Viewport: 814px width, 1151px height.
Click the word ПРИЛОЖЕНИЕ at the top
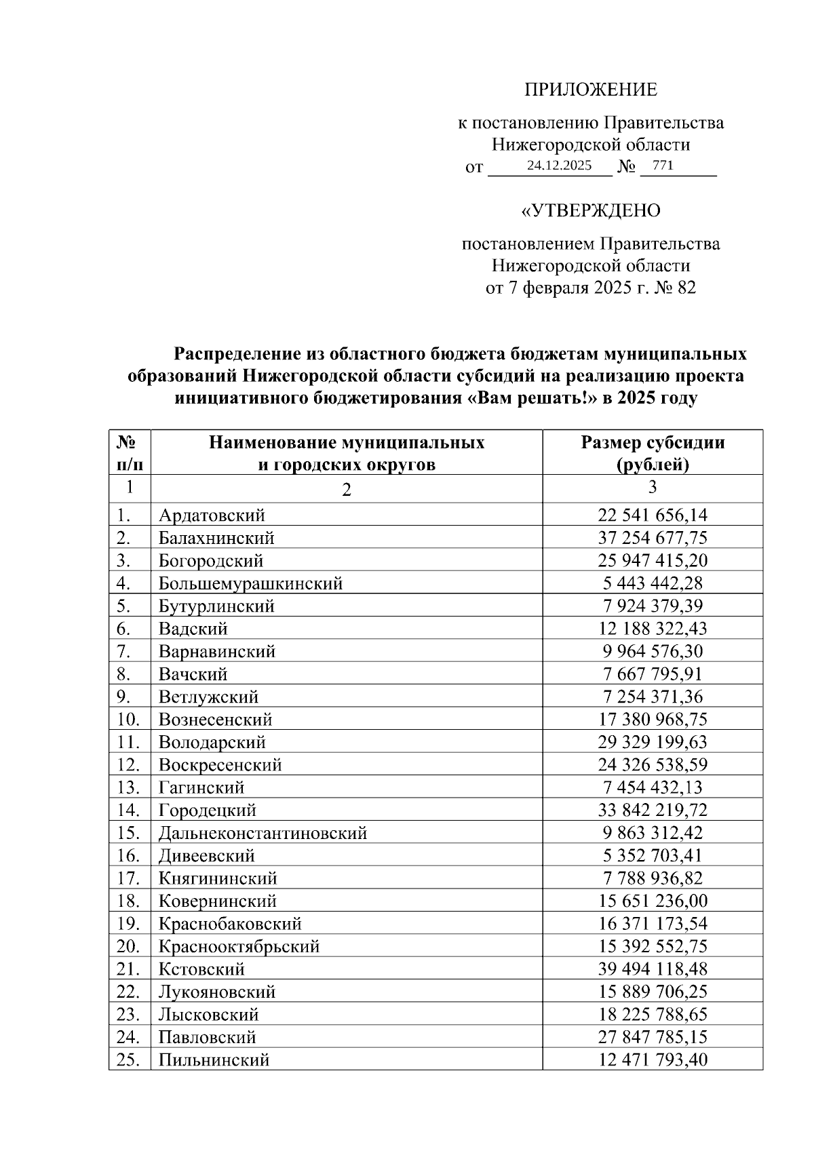pos(590,90)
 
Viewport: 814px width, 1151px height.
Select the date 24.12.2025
pos(560,165)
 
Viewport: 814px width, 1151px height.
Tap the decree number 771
pos(662,165)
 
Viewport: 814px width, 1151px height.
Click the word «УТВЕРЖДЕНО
pos(590,211)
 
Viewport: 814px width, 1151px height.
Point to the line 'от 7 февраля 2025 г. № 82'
pos(590,288)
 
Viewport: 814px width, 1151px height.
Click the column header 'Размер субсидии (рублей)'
pos(653,453)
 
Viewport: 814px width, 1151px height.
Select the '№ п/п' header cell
pos(130,453)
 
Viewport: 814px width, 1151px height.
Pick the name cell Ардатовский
pos(212,515)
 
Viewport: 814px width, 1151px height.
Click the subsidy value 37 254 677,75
pos(653,539)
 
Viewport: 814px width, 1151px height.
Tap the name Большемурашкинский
pos(250,583)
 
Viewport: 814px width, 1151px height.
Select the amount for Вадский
pos(653,629)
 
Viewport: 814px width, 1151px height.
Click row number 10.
pos(128,720)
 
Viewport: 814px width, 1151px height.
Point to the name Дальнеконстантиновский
pos(263,833)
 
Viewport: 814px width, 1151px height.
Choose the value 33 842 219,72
pos(653,811)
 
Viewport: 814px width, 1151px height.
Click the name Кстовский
pos(201,969)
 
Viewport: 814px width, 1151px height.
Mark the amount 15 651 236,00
pos(653,901)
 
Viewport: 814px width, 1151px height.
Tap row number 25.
pos(128,1060)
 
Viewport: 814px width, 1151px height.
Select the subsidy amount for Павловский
pos(653,1037)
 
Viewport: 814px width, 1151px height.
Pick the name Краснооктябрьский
pos(239,947)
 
